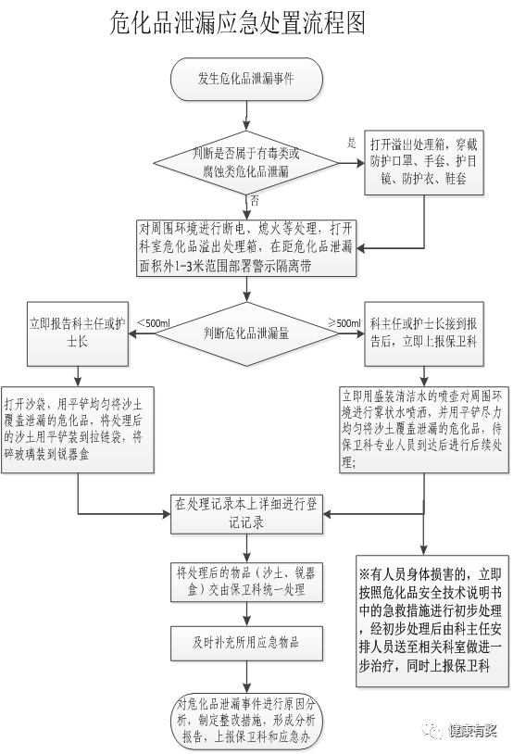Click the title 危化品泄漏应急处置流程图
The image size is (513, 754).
click(x=237, y=22)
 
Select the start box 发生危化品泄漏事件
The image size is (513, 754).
click(x=246, y=80)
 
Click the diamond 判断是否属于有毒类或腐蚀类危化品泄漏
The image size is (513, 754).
click(x=246, y=162)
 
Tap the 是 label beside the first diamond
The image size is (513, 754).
click(x=352, y=143)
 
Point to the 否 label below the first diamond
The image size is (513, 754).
click(x=255, y=200)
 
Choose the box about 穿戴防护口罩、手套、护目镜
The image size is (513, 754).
click(x=423, y=162)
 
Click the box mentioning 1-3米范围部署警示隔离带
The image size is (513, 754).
click(x=246, y=248)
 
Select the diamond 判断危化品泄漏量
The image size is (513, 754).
click(x=246, y=333)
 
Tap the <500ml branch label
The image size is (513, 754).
click(x=154, y=322)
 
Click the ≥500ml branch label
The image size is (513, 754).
click(x=344, y=322)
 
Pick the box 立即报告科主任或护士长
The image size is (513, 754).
click(x=78, y=333)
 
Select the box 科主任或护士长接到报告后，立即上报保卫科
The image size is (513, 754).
click(x=423, y=333)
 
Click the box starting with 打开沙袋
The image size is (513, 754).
click(x=78, y=430)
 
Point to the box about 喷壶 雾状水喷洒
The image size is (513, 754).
click(x=423, y=430)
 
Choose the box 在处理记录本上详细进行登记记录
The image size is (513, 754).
click(x=246, y=514)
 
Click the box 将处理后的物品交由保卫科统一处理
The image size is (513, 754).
click(x=246, y=582)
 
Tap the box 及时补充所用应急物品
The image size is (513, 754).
click(x=246, y=643)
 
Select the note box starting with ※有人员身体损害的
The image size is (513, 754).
click(x=432, y=621)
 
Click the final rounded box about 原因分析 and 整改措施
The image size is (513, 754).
click(x=246, y=721)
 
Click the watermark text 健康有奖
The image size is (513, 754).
click(x=472, y=731)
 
